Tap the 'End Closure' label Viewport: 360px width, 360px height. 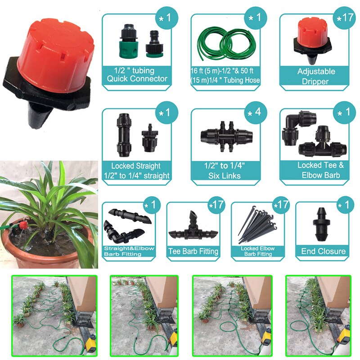pos(323,251)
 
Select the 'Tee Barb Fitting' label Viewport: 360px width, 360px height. pos(193,252)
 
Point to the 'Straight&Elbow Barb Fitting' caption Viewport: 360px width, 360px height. pos(129,251)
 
